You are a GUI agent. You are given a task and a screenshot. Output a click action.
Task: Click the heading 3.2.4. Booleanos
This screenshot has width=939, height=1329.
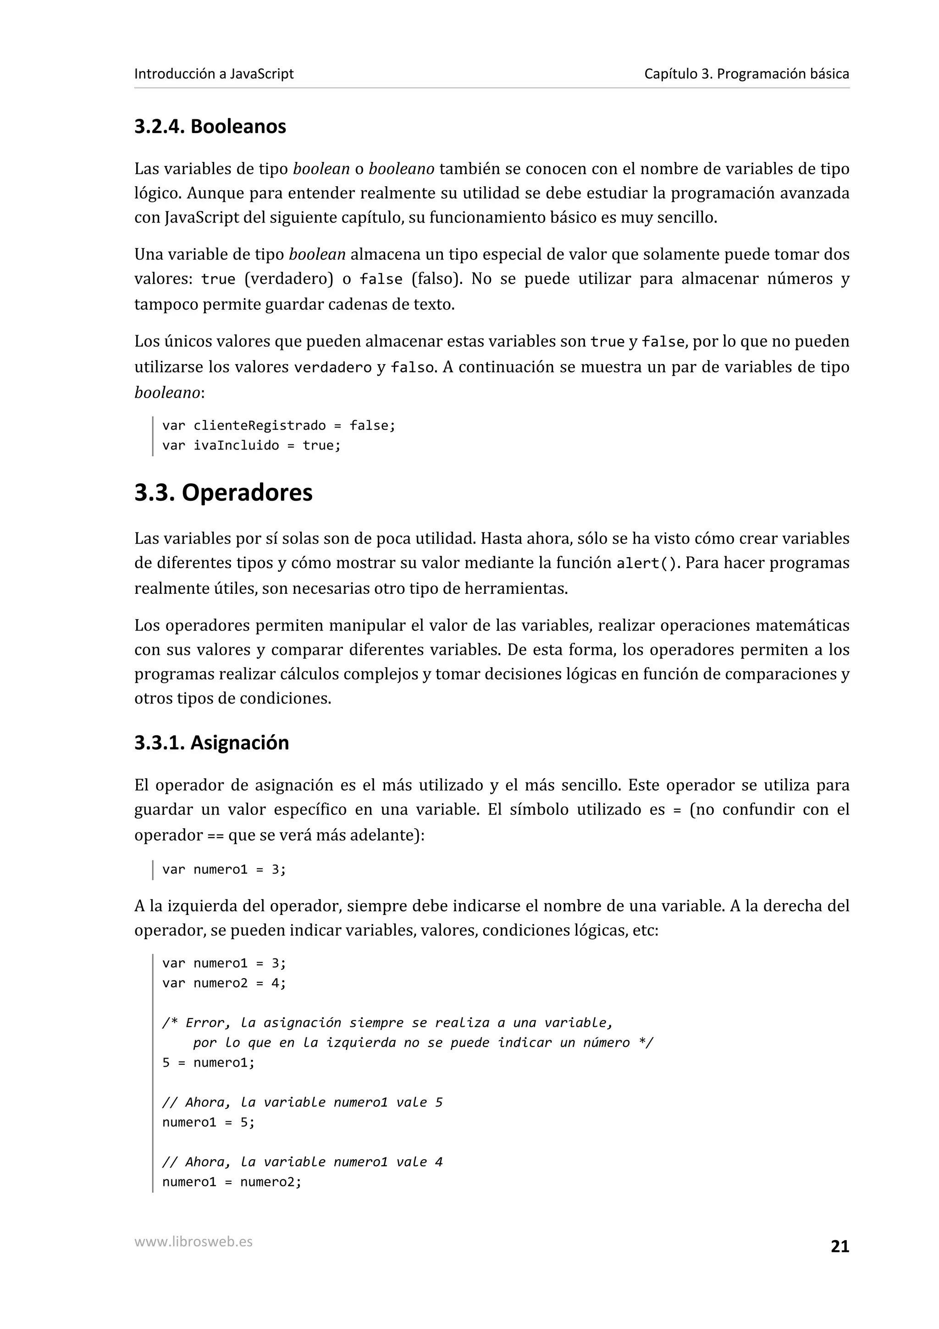[x=210, y=126]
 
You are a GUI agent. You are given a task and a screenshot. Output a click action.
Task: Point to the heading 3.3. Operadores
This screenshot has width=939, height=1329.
[x=223, y=493]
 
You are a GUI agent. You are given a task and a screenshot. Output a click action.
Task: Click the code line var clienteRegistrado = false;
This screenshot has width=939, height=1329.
[x=278, y=426]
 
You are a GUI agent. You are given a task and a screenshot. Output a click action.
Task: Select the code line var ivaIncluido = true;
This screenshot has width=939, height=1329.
[x=251, y=445]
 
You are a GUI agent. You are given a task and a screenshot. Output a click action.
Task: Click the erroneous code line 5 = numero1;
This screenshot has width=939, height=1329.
[x=208, y=1062]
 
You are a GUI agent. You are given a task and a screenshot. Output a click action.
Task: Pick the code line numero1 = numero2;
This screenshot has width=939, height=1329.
[x=232, y=1182]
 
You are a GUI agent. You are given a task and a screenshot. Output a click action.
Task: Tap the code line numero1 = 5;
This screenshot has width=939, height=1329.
[x=208, y=1122]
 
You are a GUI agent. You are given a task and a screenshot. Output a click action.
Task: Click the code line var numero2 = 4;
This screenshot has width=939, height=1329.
[x=224, y=983]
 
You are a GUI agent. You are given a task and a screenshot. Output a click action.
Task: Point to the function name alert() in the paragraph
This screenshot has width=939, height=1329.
[x=646, y=564]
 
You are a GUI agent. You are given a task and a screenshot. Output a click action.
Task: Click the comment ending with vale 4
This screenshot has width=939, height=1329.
[x=302, y=1162]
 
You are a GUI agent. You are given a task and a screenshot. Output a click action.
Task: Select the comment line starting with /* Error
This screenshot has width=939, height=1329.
[x=387, y=1023]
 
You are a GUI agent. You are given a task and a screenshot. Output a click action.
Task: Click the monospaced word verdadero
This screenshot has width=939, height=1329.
[x=333, y=367]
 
